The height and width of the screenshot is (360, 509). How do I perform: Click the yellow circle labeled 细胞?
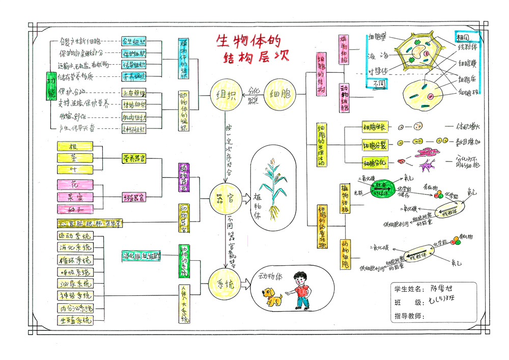coord(279,95)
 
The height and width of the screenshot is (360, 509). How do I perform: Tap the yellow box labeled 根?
coord(75,146)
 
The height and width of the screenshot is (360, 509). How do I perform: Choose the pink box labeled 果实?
coord(75,197)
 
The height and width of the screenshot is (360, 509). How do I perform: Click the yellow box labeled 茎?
coord(75,157)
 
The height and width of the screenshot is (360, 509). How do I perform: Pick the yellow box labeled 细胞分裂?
coord(374,145)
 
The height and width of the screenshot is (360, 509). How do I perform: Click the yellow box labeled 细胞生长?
coord(374,127)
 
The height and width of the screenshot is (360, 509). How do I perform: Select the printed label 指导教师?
coord(409,316)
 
